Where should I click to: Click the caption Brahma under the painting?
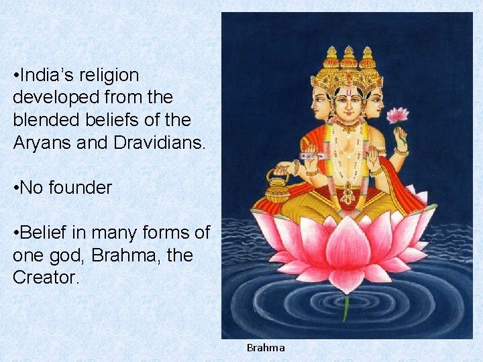click(266, 348)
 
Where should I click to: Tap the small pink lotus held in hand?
click(398, 115)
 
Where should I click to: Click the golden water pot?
click(277, 187)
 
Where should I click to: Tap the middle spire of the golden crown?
click(348, 57)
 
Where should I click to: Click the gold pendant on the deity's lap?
click(347, 195)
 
